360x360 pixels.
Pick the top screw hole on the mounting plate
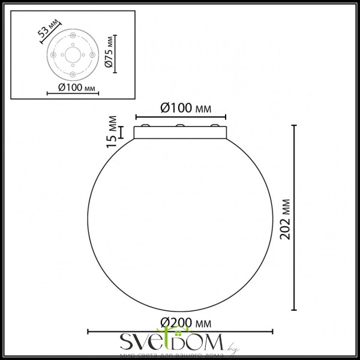[x=72, y=43]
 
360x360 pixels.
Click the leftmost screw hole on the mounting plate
[x=53, y=54]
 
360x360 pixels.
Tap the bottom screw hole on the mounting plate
[x=72, y=74]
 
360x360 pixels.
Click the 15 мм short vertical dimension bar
[x=123, y=132]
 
